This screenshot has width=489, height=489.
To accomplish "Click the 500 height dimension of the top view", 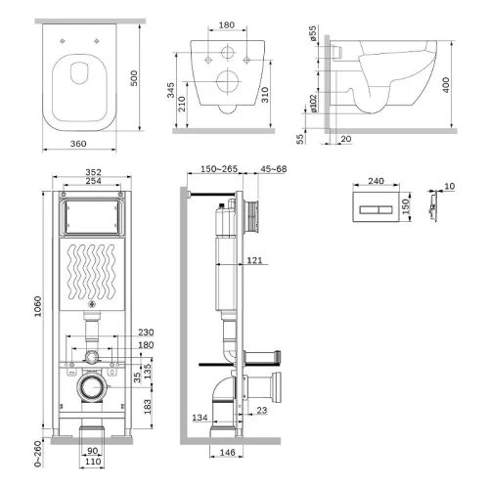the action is tap(134, 78).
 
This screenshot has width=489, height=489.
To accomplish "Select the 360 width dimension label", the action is tap(78, 144).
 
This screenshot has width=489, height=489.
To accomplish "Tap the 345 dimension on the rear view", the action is tap(170, 90).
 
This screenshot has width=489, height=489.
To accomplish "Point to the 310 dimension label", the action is tap(265, 95).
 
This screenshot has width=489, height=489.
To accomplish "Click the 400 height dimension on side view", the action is tap(446, 85).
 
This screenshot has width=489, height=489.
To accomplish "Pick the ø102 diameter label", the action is tap(313, 104).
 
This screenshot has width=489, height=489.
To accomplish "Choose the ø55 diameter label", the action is tap(313, 33).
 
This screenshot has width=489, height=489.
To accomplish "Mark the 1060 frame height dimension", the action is tap(38, 306).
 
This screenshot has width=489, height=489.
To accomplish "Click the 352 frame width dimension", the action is tap(93, 172).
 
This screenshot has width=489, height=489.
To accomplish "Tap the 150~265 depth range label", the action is tap(219, 169).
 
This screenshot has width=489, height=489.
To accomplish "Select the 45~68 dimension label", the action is tap(274, 169).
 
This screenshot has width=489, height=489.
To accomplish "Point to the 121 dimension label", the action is tap(254, 260).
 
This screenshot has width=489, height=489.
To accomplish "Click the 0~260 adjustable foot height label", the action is tap(38, 454).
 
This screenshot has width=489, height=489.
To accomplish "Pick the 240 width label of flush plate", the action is tap(376, 181).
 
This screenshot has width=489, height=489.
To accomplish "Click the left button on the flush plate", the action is tap(369, 209).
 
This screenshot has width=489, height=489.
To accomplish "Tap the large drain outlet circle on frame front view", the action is tap(92, 387).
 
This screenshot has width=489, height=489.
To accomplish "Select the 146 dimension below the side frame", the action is tap(227, 453).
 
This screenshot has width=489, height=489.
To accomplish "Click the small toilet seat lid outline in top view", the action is tap(79, 72).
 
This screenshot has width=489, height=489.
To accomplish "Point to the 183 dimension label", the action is tap(148, 407).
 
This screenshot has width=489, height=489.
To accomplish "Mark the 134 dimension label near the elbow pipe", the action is tap(200, 418).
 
